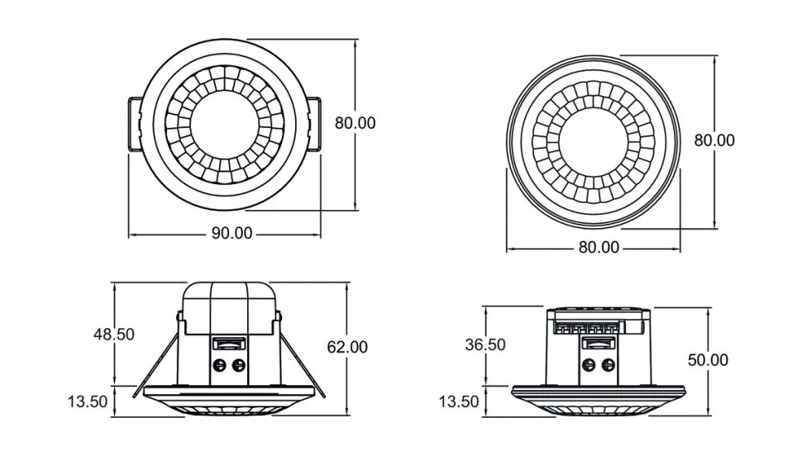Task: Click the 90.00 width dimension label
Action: pos(232,233)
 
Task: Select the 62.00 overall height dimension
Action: pos(347,347)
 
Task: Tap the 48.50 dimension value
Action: pos(113,334)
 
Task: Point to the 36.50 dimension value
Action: pos(485,344)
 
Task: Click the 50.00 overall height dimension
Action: pos(708,359)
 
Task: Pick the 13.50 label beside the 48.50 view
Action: pos(88,401)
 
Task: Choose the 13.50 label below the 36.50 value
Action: pos(459,401)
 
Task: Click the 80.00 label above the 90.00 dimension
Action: pos(355,122)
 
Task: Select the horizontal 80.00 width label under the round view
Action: pos(599,246)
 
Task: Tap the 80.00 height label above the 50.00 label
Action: pos(714,140)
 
